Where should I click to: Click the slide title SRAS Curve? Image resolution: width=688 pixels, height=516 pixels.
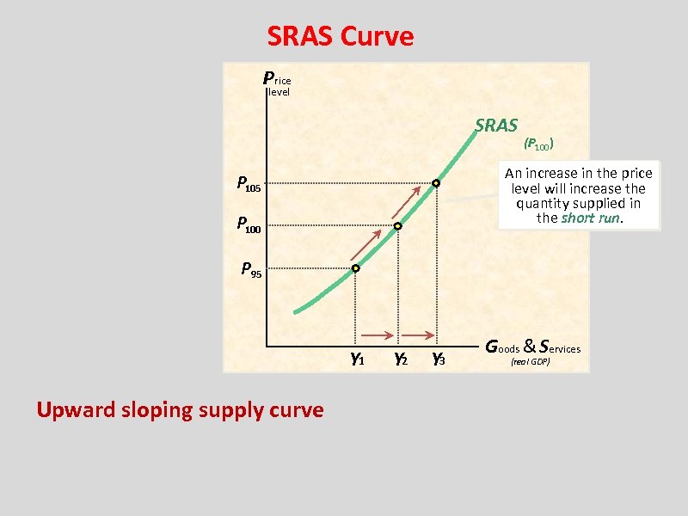pyautogui.click(x=340, y=36)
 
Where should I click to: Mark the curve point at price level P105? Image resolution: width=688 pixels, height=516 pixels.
pyautogui.click(x=436, y=184)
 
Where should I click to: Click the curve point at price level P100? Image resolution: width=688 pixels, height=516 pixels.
pyautogui.click(x=397, y=226)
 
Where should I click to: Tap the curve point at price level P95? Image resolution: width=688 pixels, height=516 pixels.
pyautogui.click(x=355, y=269)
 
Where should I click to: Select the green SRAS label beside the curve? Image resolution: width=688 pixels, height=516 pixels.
pyautogui.click(x=496, y=126)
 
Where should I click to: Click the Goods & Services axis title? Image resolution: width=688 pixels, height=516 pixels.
pyautogui.click(x=533, y=347)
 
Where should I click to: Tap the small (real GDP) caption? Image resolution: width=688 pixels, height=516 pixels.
pyautogui.click(x=530, y=363)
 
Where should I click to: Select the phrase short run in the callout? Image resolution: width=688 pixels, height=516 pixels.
pyautogui.click(x=589, y=218)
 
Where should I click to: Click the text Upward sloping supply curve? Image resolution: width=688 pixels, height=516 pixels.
pyautogui.click(x=180, y=409)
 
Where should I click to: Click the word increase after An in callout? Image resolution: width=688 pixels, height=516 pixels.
pyautogui.click(x=556, y=173)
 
